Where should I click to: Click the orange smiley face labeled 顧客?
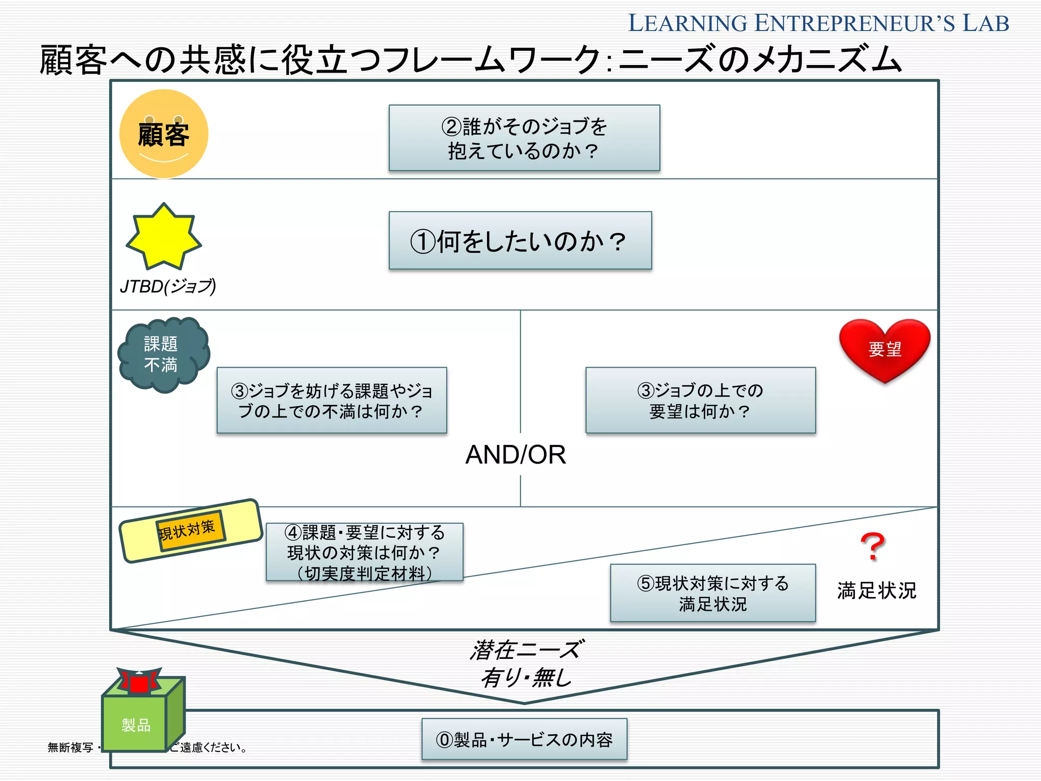(x=164, y=134)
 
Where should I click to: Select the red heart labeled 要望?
(x=884, y=349)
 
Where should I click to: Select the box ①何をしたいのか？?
(x=520, y=241)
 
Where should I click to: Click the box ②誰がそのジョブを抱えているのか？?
(x=524, y=138)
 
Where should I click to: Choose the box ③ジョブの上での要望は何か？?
(x=700, y=400)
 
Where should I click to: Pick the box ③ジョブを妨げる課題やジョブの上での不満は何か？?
(x=331, y=400)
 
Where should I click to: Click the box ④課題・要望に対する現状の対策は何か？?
(x=364, y=552)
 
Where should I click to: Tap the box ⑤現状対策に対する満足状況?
(x=713, y=593)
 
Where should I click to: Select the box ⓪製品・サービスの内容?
(x=524, y=739)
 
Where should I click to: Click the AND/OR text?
(x=515, y=455)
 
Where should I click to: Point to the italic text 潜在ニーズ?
(x=527, y=650)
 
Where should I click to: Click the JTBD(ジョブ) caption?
(x=168, y=287)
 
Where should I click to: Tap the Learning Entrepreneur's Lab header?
(x=818, y=23)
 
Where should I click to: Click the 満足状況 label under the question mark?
(x=876, y=591)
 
